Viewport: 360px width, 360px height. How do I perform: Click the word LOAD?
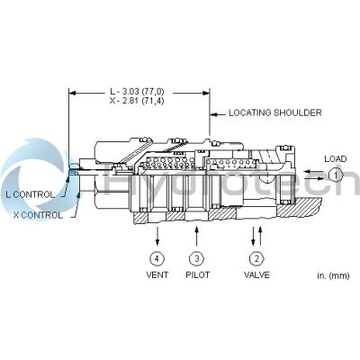click(x=335, y=158)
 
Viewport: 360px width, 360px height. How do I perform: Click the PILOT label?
click(x=196, y=274)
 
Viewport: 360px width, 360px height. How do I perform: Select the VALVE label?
click(x=257, y=274)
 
